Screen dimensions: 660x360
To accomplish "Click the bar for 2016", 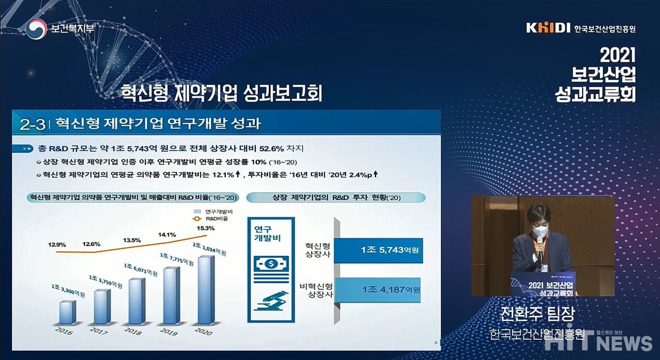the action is pos(68,312).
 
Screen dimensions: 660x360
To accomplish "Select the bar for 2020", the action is pos(206,290).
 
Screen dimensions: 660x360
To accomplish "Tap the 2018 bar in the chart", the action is pos(137,301).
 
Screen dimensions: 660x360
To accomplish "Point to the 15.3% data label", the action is pos(206,228).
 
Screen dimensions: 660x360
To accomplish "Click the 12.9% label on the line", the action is pos(57,244).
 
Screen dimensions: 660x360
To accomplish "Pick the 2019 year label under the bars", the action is pos(169,332).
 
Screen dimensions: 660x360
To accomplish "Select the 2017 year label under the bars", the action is pos(98,331).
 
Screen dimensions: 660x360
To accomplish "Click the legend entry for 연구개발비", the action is pos(213,211).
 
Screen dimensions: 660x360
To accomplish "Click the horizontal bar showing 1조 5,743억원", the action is pos(378,251).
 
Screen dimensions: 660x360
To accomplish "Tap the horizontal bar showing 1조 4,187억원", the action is pos(377,290).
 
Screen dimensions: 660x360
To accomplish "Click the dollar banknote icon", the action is pos(271,264).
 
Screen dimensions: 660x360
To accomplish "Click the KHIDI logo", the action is pos(548,28).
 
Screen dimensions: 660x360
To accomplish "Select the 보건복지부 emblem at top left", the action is pos(36,29).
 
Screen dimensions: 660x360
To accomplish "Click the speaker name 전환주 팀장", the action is pos(538,314).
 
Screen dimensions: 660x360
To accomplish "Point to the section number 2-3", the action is pos(32,125).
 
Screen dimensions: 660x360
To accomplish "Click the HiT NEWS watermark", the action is pos(598,342).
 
